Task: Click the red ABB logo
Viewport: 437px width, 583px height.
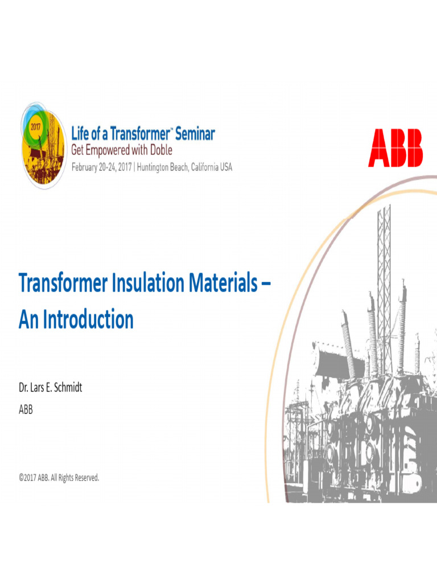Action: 395,148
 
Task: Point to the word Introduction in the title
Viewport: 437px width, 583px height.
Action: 88,319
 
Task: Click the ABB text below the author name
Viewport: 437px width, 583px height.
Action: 26,408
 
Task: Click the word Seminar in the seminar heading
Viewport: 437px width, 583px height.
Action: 195,134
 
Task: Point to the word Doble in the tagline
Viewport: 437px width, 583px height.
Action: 160,150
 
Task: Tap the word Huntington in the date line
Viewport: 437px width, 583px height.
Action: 159,167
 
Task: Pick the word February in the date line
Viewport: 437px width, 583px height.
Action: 88,167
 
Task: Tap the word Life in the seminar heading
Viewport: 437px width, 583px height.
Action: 80,134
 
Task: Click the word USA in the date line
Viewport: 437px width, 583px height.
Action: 226,167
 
